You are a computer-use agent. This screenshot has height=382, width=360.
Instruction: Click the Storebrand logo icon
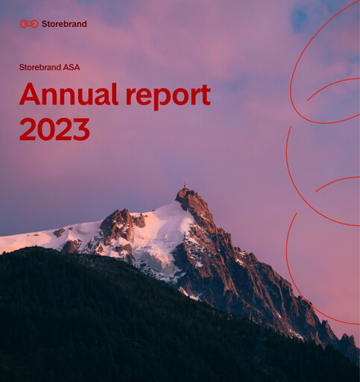pos(29,24)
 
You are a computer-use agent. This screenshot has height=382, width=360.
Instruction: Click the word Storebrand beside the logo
pos(64,24)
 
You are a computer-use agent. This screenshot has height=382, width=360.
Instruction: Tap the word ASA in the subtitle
pos(72,67)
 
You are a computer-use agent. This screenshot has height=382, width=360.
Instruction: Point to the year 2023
pos(54,129)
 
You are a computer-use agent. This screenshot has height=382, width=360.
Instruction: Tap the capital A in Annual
pos(29,95)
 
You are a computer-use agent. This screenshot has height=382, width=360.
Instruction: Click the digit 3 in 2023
pos(80,129)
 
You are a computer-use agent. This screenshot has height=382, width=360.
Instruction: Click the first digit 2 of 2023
pos(28,129)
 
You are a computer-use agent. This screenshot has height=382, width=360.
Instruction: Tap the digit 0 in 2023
pos(45,129)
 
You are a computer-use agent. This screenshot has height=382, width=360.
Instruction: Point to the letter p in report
pos(162,98)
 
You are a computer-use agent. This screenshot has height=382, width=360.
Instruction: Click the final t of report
pos(205,95)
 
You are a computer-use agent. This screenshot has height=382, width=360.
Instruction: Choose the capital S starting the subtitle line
pos(22,67)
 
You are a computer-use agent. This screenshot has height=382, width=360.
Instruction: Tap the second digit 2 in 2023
pos(63,129)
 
